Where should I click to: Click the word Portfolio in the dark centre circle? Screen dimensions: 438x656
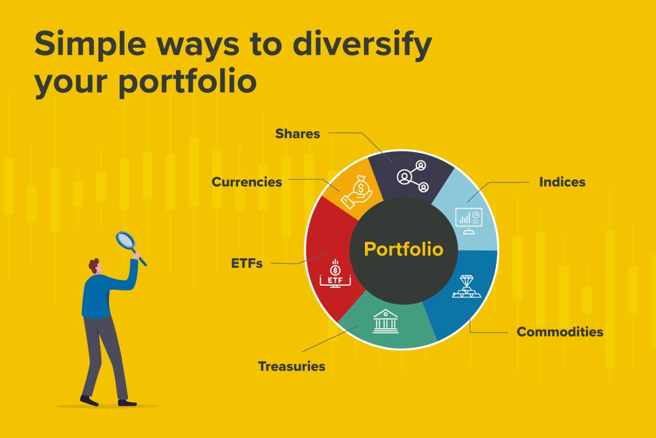[x=403, y=249]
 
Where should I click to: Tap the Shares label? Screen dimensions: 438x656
[x=297, y=134]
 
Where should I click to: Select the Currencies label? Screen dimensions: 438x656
[x=247, y=182]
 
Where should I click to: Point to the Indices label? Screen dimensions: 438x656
[x=562, y=182]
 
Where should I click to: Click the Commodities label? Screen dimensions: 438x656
[x=560, y=332]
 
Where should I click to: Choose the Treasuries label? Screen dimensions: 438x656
[x=291, y=367]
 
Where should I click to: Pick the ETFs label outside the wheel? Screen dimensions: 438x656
[x=247, y=264]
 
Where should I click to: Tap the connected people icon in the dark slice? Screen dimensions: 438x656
[x=413, y=176]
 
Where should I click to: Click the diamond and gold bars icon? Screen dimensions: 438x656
[x=466, y=287]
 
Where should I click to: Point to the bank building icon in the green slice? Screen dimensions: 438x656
[x=385, y=321]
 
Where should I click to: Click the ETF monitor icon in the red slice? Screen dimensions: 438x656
[x=335, y=274]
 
